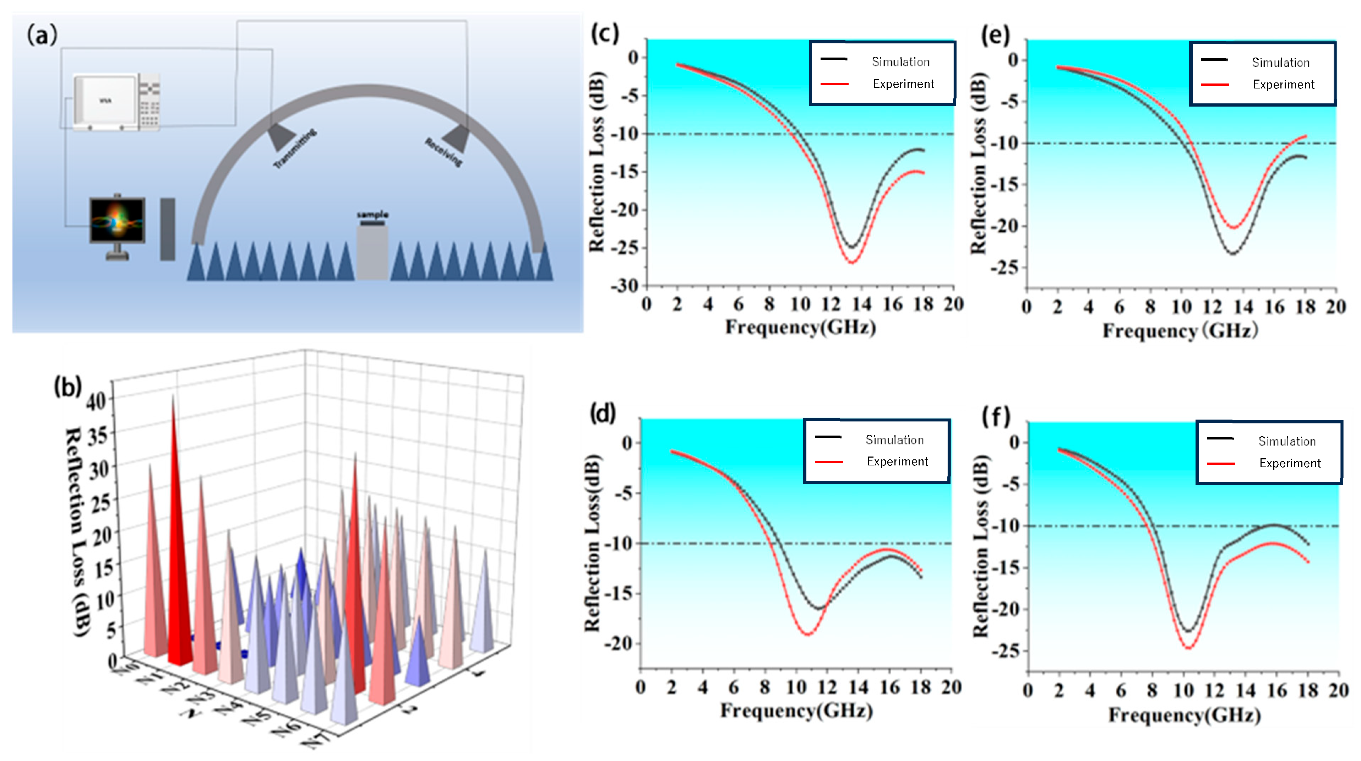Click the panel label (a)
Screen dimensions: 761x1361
coord(42,36)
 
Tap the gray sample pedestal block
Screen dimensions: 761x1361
coord(372,253)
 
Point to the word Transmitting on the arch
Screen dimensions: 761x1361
coord(295,149)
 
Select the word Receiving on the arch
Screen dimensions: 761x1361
coord(444,152)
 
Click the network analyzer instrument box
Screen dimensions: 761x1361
coord(116,102)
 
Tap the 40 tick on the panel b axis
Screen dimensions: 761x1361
coord(96,401)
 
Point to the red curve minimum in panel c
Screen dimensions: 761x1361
coord(852,262)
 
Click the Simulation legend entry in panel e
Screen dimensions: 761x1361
coord(1280,63)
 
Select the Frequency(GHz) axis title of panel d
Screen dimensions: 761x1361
coord(796,711)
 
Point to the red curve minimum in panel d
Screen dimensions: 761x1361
coord(807,634)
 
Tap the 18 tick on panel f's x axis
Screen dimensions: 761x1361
coord(1308,690)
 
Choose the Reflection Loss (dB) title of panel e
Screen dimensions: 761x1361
coord(979,164)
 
